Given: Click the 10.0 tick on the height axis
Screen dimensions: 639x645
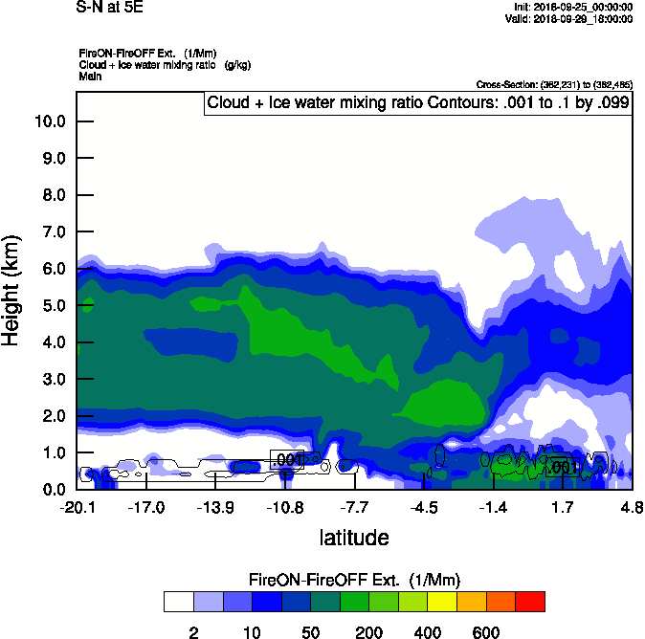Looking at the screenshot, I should click(x=49, y=121).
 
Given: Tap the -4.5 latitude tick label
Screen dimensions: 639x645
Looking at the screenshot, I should click(x=424, y=507).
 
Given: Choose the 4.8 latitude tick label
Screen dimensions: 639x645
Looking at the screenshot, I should click(x=631, y=507).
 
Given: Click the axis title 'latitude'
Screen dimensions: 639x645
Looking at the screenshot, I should click(x=354, y=538).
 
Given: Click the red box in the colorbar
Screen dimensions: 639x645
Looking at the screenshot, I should click(x=529, y=602).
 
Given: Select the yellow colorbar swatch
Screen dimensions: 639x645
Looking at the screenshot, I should click(x=441, y=602).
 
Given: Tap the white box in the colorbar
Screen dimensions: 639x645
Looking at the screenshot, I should click(x=178, y=602).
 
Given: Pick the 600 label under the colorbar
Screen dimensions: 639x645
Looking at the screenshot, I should click(x=486, y=632).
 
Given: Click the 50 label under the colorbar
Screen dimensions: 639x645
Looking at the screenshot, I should click(x=310, y=632).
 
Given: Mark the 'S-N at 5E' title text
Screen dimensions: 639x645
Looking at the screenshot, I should click(x=110, y=7).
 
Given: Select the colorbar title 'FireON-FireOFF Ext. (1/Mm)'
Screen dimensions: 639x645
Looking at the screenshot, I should click(x=354, y=580).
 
